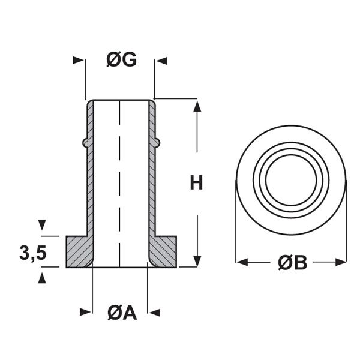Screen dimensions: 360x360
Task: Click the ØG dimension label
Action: (x=122, y=60)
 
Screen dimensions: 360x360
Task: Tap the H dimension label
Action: (x=196, y=182)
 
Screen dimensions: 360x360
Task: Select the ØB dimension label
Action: (x=292, y=262)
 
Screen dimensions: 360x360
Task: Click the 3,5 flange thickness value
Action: (x=32, y=253)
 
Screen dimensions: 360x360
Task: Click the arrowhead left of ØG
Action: (x=77, y=60)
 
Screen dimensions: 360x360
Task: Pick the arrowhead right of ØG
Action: (x=162, y=60)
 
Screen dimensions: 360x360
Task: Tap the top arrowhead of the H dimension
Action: (x=196, y=107)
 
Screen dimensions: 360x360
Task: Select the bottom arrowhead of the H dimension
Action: (x=196, y=260)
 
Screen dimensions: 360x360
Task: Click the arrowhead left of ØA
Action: (x=86, y=312)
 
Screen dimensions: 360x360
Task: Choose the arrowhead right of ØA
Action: (x=155, y=312)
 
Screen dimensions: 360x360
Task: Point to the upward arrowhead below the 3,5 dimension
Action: (x=41, y=277)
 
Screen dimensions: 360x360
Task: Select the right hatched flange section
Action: (x=164, y=251)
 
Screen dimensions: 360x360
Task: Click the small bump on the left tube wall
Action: (x=85, y=142)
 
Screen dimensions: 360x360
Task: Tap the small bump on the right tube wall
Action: (x=158, y=142)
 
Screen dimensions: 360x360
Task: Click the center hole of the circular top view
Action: (x=292, y=178)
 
